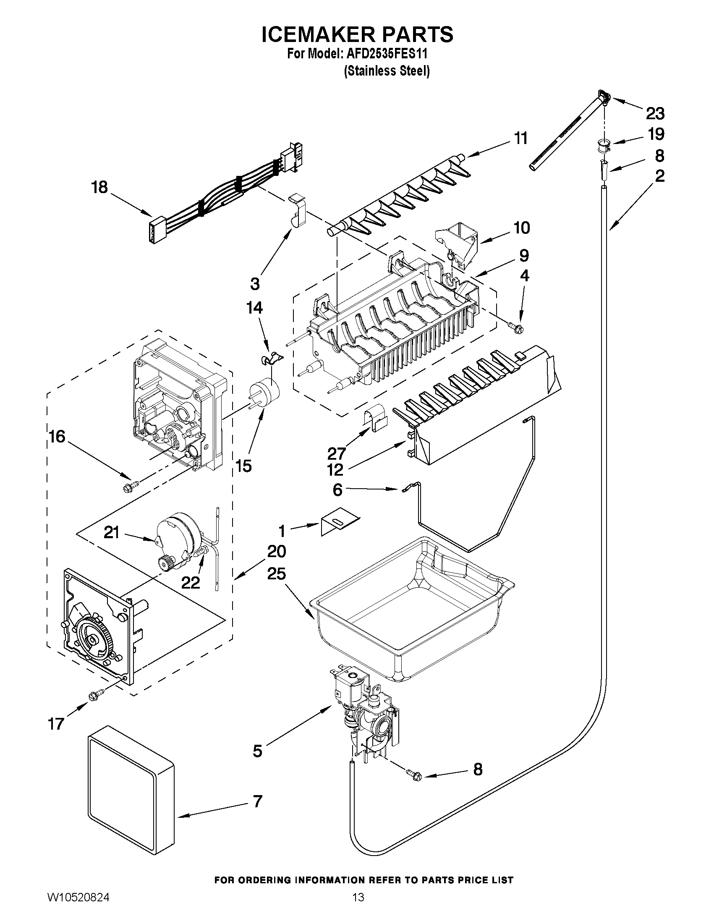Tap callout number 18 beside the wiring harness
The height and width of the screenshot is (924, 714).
point(100,187)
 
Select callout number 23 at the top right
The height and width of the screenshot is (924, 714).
point(655,113)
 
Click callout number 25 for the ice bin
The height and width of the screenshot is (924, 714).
point(276,574)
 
